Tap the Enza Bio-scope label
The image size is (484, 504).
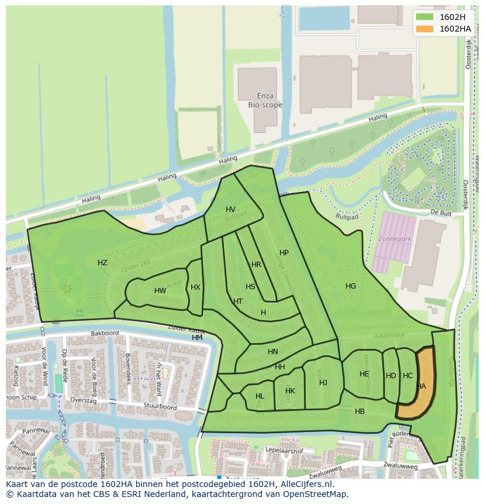[265, 101]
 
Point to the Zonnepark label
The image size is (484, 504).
[396, 239]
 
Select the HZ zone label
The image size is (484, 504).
[102, 263]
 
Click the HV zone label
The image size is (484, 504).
[230, 210]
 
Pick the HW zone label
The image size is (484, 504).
[160, 291]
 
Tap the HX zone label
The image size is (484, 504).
[195, 287]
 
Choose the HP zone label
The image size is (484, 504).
[284, 253]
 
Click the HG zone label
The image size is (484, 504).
[351, 286]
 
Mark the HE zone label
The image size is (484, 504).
[364, 374]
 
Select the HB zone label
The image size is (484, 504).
[359, 412]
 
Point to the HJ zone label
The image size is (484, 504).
[323, 383]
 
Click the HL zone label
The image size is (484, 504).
[260, 396]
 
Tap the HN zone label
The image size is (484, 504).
[273, 352]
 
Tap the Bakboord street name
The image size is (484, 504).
[105, 334]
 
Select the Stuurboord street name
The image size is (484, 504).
[161, 406]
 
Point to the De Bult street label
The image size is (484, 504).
[441, 212]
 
